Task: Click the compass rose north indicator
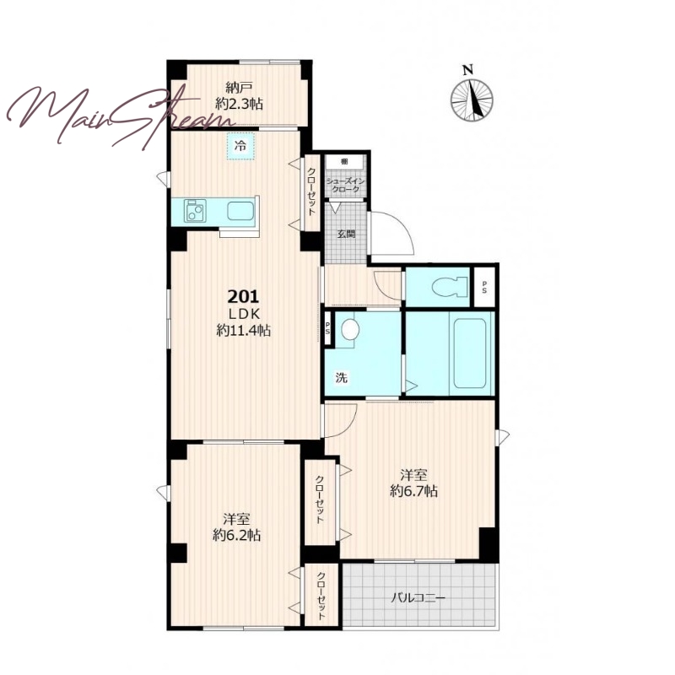(x=472, y=94)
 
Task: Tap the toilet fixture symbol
(x=450, y=286)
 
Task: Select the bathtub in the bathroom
(x=470, y=352)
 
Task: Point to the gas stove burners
(x=195, y=211)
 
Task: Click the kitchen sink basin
(x=240, y=211)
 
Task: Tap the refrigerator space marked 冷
(x=240, y=146)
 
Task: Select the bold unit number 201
(x=243, y=296)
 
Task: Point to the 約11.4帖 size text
(x=243, y=330)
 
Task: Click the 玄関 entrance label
(x=346, y=235)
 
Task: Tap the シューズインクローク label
(x=346, y=186)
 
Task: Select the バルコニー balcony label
(x=418, y=598)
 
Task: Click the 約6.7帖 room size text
(x=414, y=491)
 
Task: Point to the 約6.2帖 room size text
(x=237, y=535)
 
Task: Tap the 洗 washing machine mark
(x=342, y=378)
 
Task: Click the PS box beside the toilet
(x=484, y=287)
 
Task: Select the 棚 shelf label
(x=344, y=162)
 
